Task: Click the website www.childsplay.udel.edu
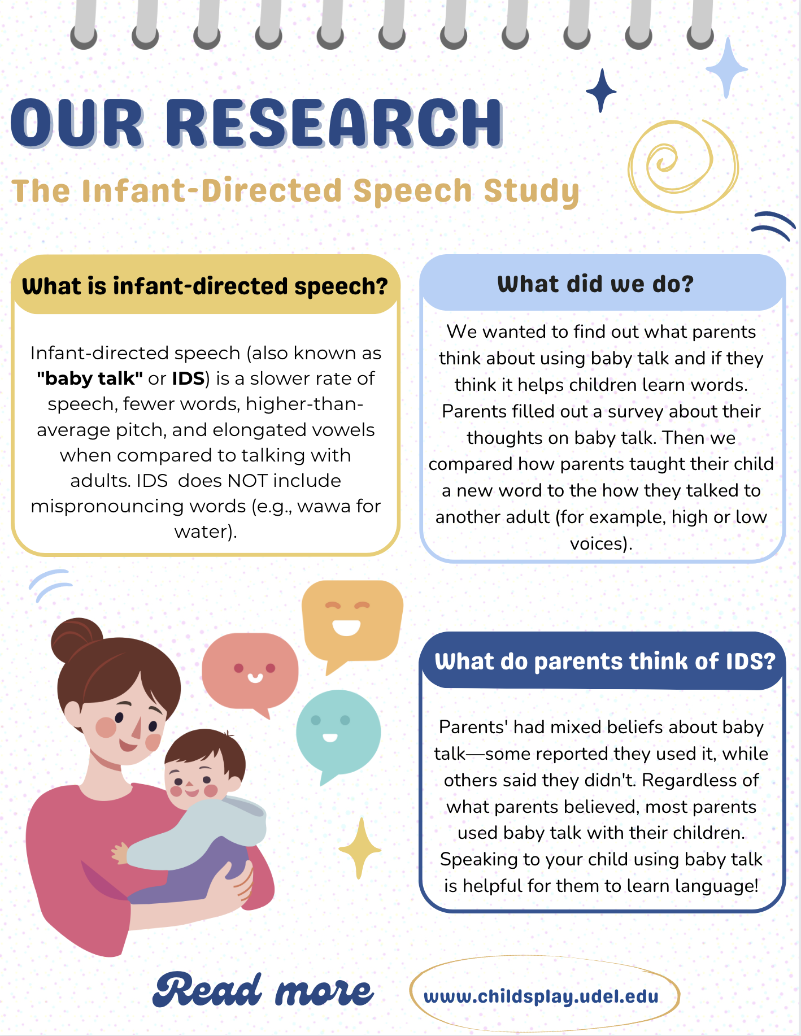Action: (541, 996)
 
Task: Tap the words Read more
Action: (263, 990)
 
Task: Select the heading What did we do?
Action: (595, 284)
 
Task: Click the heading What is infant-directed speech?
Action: (205, 286)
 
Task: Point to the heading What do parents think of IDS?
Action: (605, 661)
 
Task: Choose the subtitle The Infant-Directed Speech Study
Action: (295, 191)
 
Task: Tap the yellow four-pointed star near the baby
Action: (360, 848)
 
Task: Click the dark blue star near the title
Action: (601, 90)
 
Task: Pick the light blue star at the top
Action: (727, 68)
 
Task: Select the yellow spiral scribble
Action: (683, 166)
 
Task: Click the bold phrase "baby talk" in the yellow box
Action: (89, 378)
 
